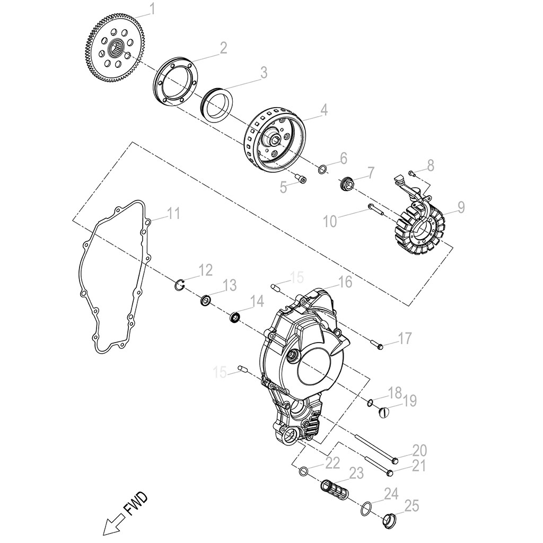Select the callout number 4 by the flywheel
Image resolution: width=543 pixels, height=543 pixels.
323,110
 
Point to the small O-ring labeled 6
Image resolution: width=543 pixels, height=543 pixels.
322,170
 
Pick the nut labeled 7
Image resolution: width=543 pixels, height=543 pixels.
347,185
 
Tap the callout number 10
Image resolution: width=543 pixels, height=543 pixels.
330,221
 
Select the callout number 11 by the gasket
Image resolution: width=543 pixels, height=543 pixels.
173,214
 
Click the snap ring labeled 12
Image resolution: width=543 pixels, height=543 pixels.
180,286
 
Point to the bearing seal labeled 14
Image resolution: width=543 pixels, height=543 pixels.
234,318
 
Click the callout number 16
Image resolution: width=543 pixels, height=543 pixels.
345,282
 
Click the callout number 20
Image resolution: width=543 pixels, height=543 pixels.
419,451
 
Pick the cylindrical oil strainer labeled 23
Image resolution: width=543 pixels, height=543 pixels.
332,487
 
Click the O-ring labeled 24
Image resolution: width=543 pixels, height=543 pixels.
365,510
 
